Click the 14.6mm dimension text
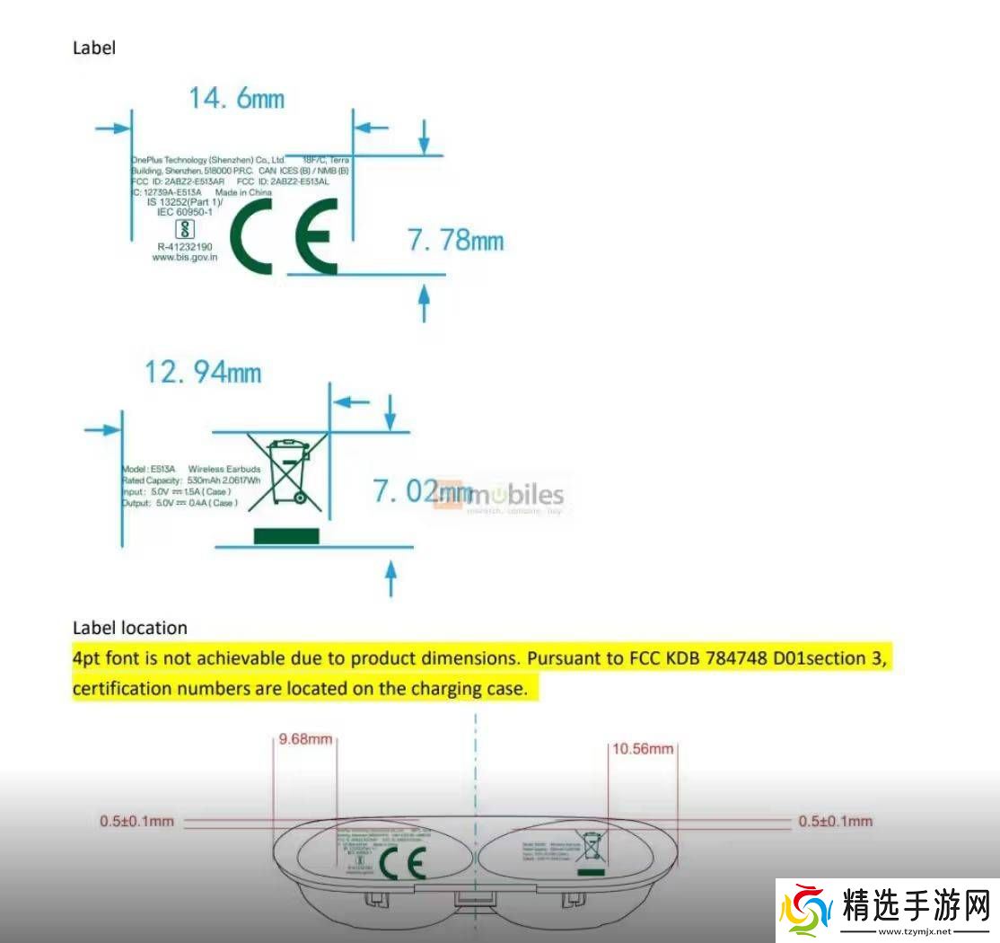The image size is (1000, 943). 235,98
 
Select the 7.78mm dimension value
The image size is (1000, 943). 455,241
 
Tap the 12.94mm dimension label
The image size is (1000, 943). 203,371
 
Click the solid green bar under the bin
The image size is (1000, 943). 286,536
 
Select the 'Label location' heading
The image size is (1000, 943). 130,628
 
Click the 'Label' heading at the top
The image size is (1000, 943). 94,48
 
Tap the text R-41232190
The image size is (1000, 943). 185,246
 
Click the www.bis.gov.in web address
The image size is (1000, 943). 185,257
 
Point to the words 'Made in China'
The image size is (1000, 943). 243,192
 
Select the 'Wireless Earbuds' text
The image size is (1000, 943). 224,470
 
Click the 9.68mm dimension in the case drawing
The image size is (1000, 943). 305,740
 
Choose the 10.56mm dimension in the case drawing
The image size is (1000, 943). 643,748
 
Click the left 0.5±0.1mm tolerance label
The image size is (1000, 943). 136,821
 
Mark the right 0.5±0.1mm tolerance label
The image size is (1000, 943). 835,821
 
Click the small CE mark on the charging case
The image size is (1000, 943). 402,863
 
